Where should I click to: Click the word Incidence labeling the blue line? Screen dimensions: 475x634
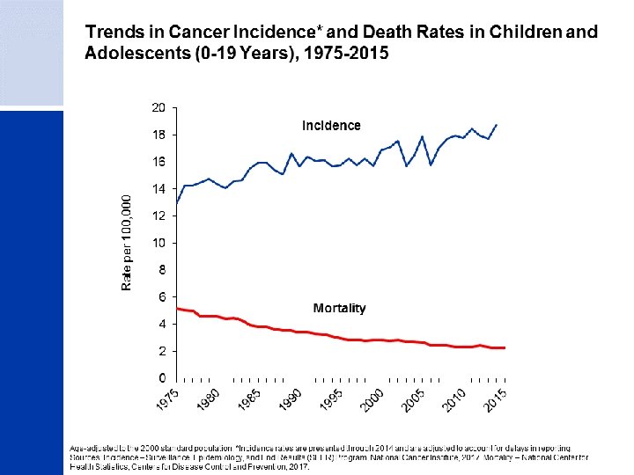click(331, 126)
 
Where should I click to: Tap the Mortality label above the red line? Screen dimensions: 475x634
click(339, 308)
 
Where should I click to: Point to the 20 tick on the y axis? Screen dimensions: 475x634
click(158, 107)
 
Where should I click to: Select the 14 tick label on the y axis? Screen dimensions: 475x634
click(158, 188)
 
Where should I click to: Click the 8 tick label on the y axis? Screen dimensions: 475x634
click(162, 270)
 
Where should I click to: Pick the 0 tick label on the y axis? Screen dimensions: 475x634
click(162, 377)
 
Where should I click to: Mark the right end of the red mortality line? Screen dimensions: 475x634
click(505, 347)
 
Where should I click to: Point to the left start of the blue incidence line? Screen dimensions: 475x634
click(177, 203)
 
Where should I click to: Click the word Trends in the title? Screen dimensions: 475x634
click(111, 33)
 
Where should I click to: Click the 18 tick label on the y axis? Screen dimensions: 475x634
click(158, 135)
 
